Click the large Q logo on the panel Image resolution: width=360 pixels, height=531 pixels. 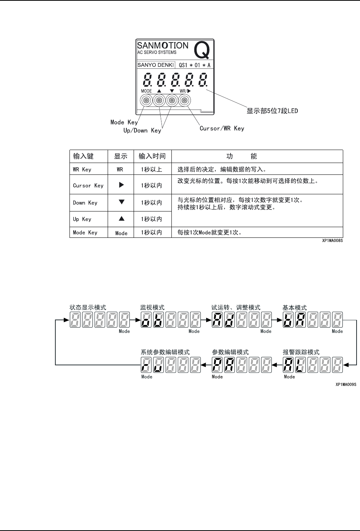202,50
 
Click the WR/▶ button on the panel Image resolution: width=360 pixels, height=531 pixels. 184,101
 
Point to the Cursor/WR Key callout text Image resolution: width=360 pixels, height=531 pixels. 222,129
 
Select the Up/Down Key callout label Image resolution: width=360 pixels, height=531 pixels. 142,131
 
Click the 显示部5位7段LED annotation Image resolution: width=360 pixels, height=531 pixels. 272,111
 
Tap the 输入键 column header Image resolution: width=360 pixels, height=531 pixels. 83,156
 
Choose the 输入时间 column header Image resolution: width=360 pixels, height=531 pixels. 152,156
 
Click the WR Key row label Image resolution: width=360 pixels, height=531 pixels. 82,169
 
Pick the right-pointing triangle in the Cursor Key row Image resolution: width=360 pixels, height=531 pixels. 121,185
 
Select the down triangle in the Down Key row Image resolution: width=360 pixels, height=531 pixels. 121,202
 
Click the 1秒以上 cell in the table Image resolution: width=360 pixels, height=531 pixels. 152,169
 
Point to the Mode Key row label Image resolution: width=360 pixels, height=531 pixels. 85,232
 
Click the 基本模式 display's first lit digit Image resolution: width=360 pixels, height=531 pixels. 289,320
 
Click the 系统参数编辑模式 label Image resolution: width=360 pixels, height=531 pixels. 165,352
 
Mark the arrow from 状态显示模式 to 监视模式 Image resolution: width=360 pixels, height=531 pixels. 135,320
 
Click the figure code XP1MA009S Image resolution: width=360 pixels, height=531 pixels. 345,385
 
